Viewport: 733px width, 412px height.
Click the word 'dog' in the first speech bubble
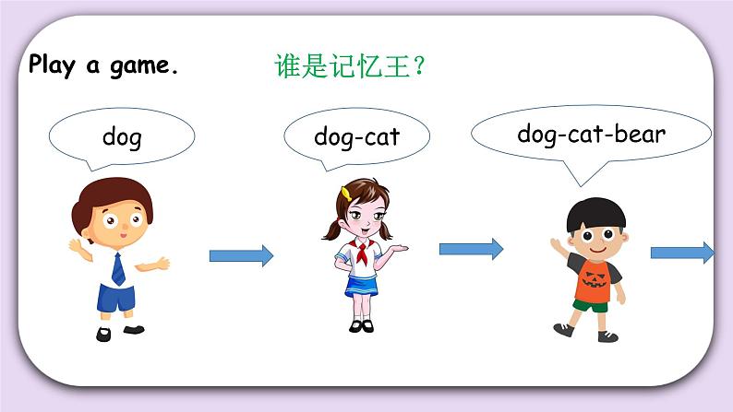pos(122,138)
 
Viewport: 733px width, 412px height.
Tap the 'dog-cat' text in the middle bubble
pos(356,137)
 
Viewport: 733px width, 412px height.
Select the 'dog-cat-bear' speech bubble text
pos(591,134)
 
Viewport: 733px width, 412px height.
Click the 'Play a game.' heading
pos(102,65)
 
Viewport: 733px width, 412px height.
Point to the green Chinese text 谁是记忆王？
pos(350,66)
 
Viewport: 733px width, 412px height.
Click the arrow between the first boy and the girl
pos(241,255)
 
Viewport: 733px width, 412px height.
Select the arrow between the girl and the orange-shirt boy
pos(470,249)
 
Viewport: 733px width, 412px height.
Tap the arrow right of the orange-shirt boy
pos(681,252)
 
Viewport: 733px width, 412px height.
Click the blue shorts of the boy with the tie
pos(118,300)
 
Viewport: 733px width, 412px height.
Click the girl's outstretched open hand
pos(402,247)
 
